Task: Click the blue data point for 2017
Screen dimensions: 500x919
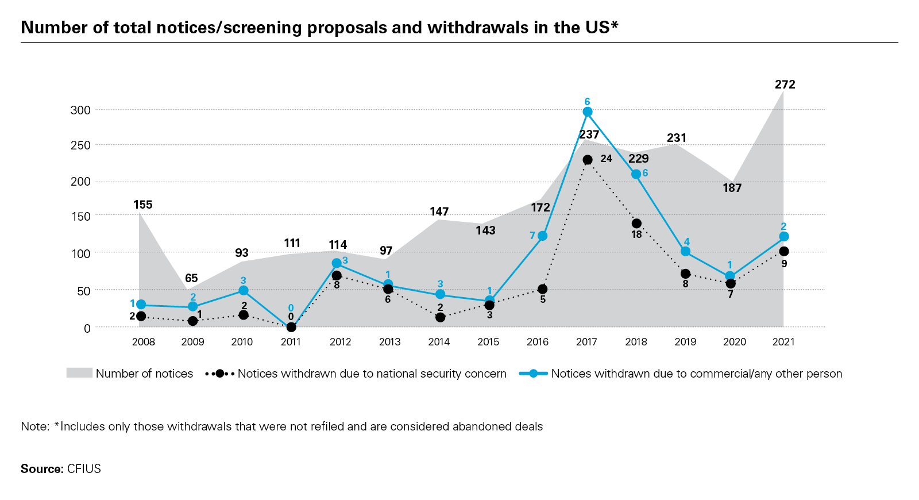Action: coord(587,112)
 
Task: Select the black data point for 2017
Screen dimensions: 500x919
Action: coord(587,160)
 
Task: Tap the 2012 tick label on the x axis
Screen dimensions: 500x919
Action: coord(340,342)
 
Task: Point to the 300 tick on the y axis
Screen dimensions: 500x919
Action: coord(80,110)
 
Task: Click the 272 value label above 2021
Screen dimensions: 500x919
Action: coord(785,84)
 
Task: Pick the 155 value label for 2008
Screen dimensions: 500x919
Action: coord(143,205)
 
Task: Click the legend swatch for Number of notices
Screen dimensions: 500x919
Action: coord(79,373)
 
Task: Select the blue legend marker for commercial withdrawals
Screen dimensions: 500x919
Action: coord(533,374)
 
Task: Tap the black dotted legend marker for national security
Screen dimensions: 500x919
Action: coord(219,374)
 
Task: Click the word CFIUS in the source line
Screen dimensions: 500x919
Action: coord(84,468)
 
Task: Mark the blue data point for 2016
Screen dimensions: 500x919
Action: coord(542,236)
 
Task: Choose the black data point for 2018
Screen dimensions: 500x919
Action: coord(636,224)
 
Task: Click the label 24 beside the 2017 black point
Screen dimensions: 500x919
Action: coord(606,159)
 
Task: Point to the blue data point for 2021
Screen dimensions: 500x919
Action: coord(783,237)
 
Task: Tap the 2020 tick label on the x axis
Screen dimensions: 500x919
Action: coord(734,342)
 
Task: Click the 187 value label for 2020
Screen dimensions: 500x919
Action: coord(732,188)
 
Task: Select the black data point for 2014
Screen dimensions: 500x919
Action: coord(440,317)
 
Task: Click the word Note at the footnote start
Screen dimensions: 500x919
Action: coord(34,426)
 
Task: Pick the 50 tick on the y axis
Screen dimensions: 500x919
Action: coord(84,291)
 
